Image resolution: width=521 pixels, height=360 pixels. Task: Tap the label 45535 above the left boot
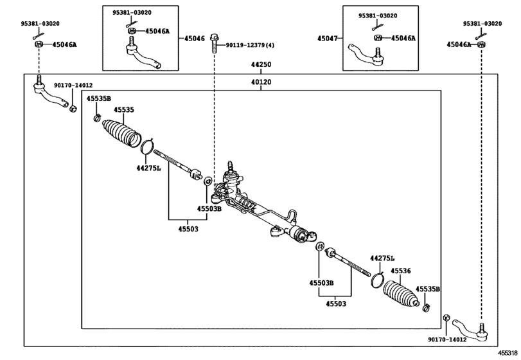(124, 110)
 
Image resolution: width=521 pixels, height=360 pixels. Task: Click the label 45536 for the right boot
(400, 271)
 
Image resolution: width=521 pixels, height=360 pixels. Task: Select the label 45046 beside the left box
(195, 39)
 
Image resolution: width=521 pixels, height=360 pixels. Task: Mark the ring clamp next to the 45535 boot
(146, 147)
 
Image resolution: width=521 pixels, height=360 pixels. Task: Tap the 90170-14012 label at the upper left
(73, 85)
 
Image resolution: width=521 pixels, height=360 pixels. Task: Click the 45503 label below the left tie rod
(188, 228)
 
